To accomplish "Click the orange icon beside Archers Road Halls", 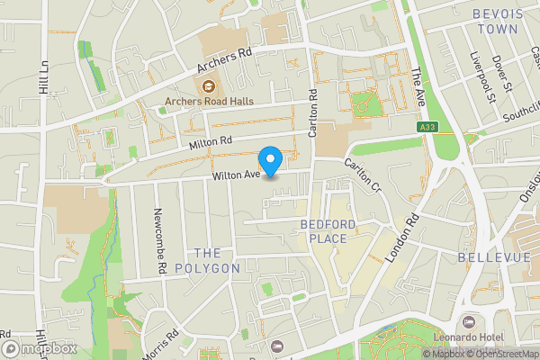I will (208, 86).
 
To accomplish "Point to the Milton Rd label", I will (211, 141).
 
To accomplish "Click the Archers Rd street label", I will (223, 61).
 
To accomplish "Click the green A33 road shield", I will (427, 129).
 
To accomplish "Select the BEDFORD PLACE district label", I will (328, 230).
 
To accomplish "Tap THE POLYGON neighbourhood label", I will (207, 260).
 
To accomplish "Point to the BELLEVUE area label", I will (494, 257).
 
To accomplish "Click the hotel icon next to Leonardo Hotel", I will (467, 322).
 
